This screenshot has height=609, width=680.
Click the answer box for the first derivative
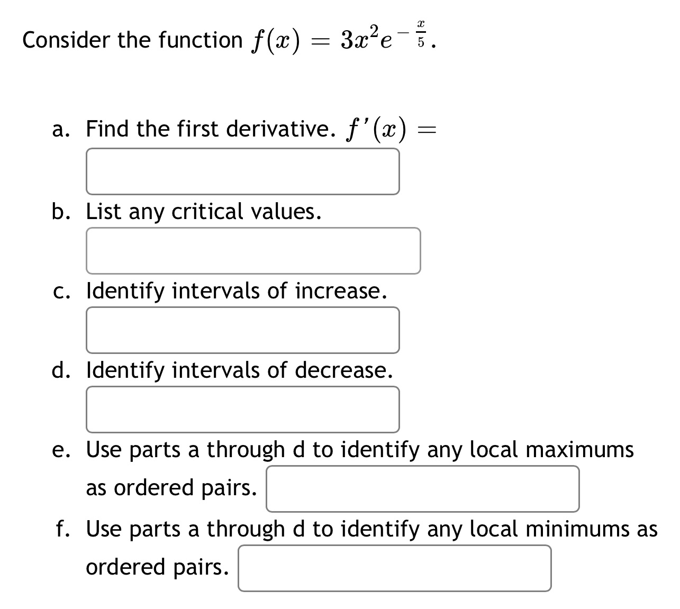point(242,171)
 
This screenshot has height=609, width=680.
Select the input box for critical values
point(253,250)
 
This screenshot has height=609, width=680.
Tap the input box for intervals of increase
point(242,330)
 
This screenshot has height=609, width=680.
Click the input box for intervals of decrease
point(242,409)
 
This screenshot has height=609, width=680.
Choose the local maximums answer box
point(422,488)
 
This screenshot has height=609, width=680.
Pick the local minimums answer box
point(394,568)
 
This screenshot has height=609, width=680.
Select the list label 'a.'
point(61,129)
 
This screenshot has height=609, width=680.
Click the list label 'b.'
point(61,211)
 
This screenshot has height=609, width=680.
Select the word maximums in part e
point(579,449)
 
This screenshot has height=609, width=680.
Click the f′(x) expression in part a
point(377,130)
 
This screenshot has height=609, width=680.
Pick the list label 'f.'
point(64,529)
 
